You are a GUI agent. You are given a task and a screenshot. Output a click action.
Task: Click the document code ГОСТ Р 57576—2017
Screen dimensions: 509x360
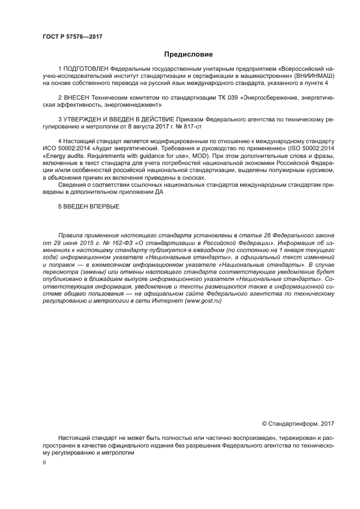72,37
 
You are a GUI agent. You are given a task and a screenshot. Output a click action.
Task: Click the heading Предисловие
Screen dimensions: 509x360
188,54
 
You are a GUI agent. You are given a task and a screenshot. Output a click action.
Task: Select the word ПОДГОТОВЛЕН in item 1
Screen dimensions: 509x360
86,69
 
